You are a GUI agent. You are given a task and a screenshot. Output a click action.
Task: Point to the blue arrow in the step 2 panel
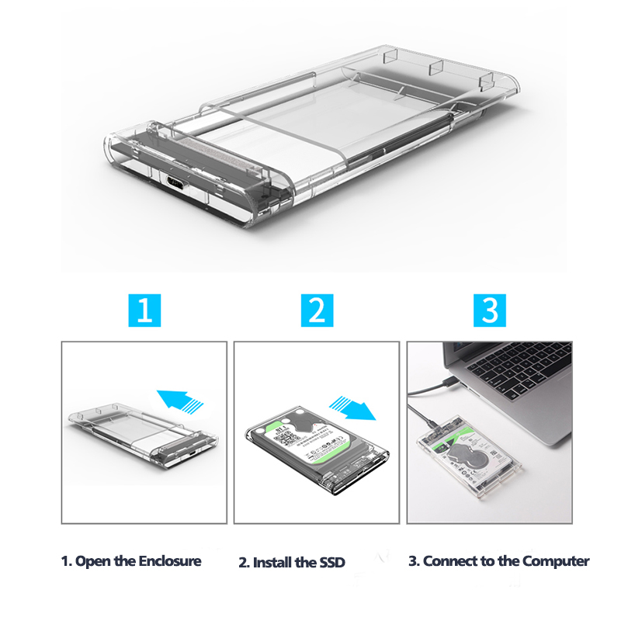(x=351, y=406)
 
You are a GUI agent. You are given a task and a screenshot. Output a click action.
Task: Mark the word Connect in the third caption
(x=450, y=560)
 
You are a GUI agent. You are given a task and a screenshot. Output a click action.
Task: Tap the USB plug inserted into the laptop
(x=448, y=383)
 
